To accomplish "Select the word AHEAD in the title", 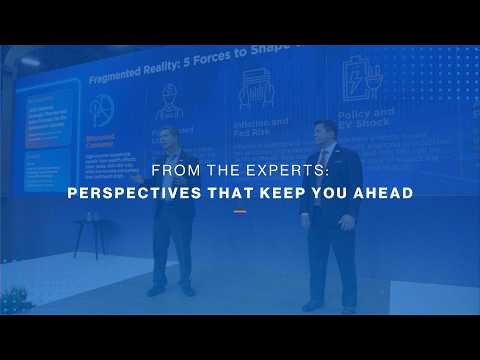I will click(380, 192).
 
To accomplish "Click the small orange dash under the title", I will click(240, 211).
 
